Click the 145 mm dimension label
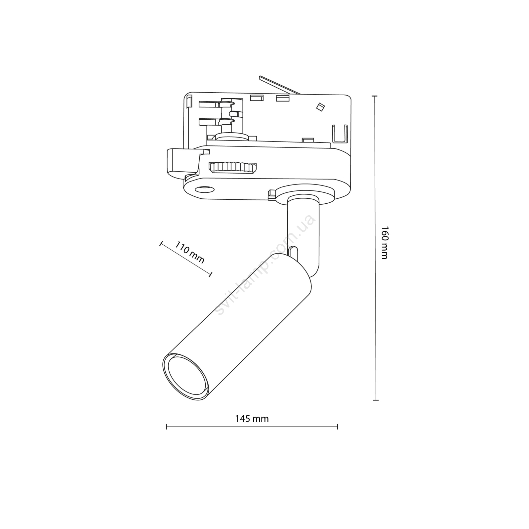pos(252,419)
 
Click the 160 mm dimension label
pos(384,243)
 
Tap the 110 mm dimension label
pos(190,252)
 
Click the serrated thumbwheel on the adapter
pos(233,167)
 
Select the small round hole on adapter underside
pos(204,189)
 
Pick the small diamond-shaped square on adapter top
pos(320,106)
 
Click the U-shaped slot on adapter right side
pos(340,134)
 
